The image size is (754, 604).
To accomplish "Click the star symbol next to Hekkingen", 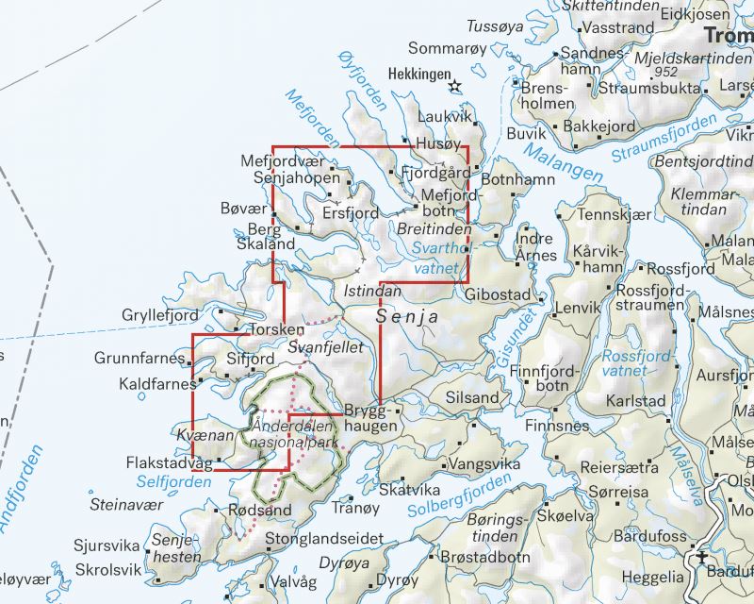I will [456, 86].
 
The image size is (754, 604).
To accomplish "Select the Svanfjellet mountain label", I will [325, 348].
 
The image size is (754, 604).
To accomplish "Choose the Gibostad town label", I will [499, 295].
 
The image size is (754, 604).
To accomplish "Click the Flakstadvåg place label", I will [169, 463].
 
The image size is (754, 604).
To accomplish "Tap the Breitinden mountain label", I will [434, 229].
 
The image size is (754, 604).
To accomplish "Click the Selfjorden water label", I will [173, 481].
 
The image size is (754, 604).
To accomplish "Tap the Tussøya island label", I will [495, 25].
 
